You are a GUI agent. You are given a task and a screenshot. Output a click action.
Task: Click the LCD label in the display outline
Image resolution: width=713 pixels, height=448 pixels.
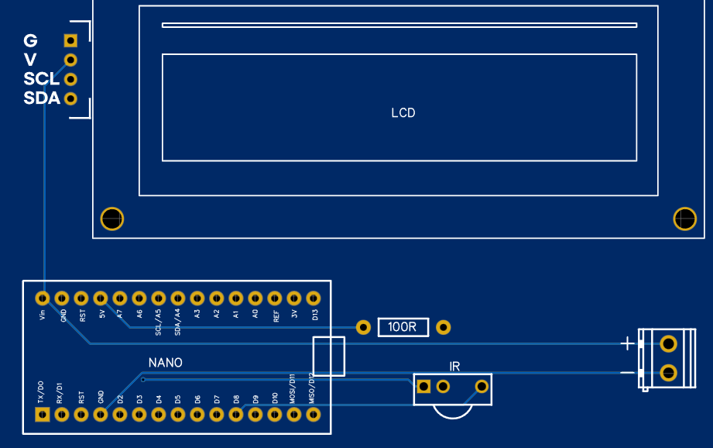click(x=403, y=113)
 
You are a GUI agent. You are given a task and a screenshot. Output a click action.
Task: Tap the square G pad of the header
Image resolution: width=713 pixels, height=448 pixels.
click(x=70, y=40)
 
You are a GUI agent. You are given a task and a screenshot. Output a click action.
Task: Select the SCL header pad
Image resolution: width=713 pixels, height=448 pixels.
click(x=70, y=79)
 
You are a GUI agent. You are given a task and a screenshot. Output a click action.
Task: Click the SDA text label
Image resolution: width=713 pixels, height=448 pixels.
click(x=42, y=98)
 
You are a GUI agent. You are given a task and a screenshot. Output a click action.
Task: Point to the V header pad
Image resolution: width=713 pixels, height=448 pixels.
click(x=70, y=60)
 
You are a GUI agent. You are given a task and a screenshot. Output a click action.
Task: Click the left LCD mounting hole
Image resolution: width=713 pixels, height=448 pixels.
click(x=112, y=219)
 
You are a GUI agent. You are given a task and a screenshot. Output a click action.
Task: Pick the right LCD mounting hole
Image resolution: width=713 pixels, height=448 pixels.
click(x=685, y=219)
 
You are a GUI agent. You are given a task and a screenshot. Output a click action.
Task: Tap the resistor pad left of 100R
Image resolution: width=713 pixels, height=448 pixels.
click(x=363, y=327)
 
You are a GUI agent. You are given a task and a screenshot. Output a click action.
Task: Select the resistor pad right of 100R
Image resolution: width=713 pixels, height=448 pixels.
click(x=444, y=327)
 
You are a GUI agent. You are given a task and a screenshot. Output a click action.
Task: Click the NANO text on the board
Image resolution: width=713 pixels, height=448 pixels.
click(x=166, y=363)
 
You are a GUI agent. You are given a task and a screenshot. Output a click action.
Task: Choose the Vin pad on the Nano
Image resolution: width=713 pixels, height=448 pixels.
click(x=43, y=298)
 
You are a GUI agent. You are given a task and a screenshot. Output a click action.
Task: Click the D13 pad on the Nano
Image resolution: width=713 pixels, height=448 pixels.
click(x=314, y=298)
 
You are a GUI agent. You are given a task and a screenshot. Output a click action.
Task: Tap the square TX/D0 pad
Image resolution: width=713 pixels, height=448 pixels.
click(x=43, y=415)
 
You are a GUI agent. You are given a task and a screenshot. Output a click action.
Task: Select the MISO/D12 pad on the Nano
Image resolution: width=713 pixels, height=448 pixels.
click(x=314, y=415)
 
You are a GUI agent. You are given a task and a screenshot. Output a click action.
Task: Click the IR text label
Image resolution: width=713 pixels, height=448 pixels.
click(x=455, y=366)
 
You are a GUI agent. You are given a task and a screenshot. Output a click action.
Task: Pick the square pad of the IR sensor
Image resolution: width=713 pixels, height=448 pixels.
click(x=423, y=386)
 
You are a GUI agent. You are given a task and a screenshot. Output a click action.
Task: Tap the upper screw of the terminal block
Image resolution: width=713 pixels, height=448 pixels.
click(x=667, y=343)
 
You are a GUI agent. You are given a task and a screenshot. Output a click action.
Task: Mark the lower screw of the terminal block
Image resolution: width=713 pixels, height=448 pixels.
click(x=667, y=374)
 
